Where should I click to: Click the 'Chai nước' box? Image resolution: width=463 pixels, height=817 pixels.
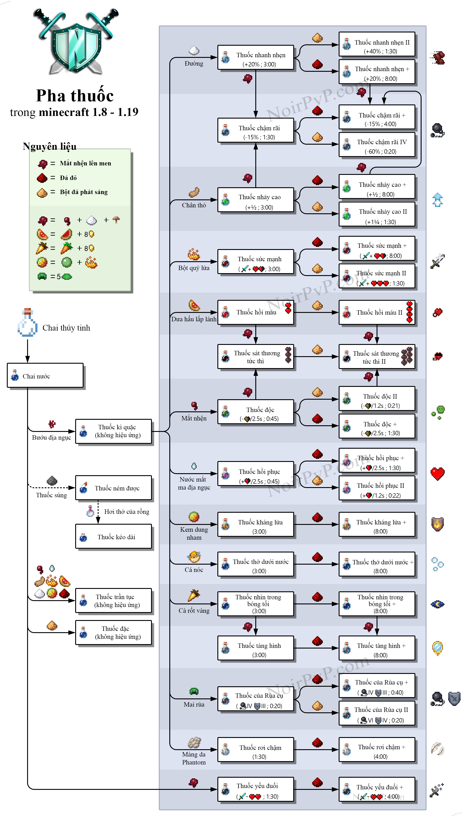[45, 376]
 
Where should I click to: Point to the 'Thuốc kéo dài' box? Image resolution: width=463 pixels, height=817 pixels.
[114, 537]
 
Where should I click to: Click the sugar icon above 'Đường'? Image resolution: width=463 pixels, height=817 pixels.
[194, 50]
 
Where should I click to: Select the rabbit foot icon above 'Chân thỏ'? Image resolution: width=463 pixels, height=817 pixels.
[194, 192]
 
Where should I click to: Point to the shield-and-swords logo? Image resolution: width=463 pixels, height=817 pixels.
[76, 41]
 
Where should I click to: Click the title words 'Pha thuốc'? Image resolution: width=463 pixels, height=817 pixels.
[75, 96]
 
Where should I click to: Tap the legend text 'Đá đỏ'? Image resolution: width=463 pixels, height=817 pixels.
[68, 178]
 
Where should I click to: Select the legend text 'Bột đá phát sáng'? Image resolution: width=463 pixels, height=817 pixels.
[84, 192]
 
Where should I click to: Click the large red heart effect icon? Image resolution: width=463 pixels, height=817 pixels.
[438, 473]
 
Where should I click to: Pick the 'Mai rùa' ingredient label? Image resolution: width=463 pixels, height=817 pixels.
[194, 704]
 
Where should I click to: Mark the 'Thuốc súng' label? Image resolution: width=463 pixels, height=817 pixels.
[52, 495]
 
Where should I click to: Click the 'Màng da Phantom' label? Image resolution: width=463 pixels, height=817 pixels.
[194, 758]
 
